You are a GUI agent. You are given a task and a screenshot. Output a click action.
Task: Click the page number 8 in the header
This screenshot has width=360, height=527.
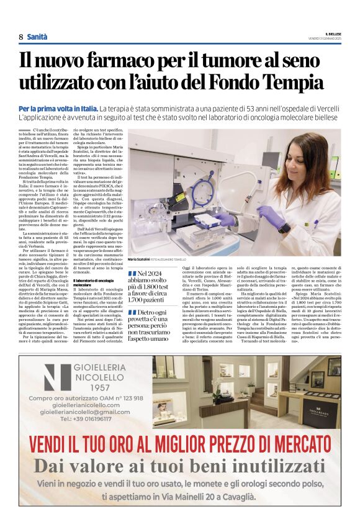[x=20, y=36]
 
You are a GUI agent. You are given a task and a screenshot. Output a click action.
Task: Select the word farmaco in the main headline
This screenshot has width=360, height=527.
[x=127, y=60]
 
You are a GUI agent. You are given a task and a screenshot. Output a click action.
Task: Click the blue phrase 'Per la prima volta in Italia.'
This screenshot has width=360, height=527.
[x=67, y=109]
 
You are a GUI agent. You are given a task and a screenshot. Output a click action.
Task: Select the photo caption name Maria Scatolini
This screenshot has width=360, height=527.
[x=139, y=258]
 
